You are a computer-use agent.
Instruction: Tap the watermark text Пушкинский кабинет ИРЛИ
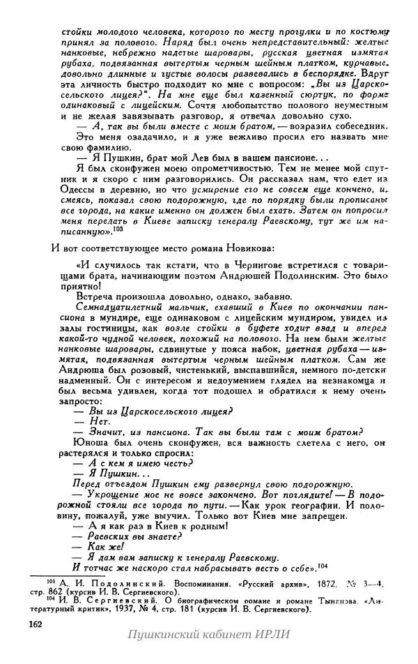tap(208, 634)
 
